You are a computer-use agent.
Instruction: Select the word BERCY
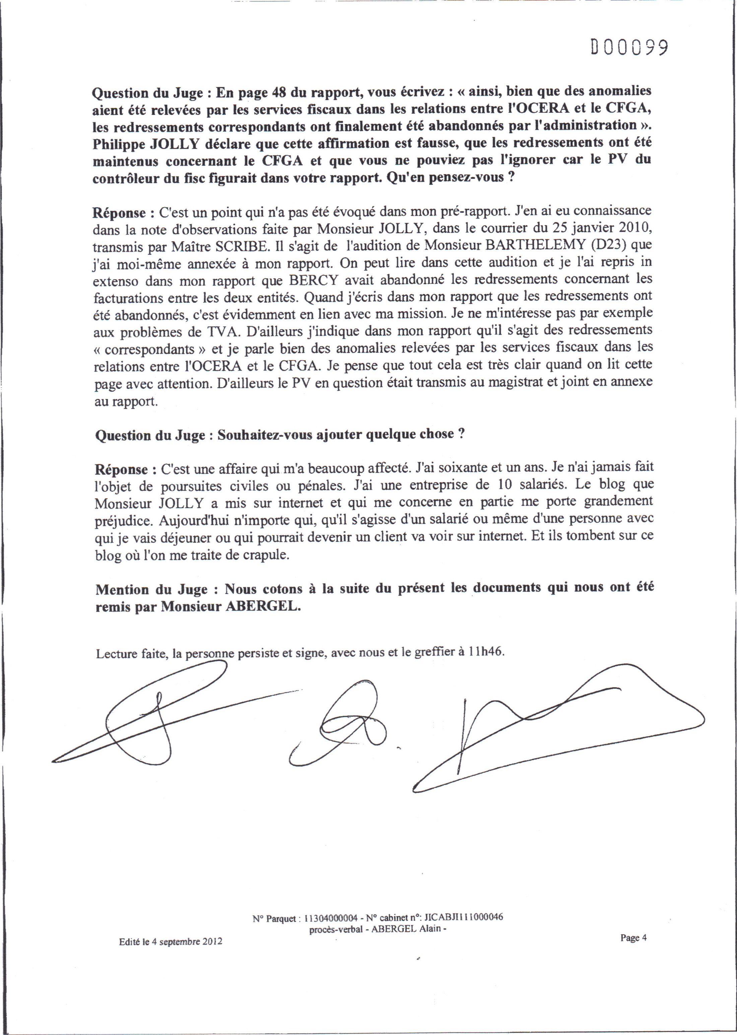point(314,280)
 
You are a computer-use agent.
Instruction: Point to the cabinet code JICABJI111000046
point(463,917)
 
